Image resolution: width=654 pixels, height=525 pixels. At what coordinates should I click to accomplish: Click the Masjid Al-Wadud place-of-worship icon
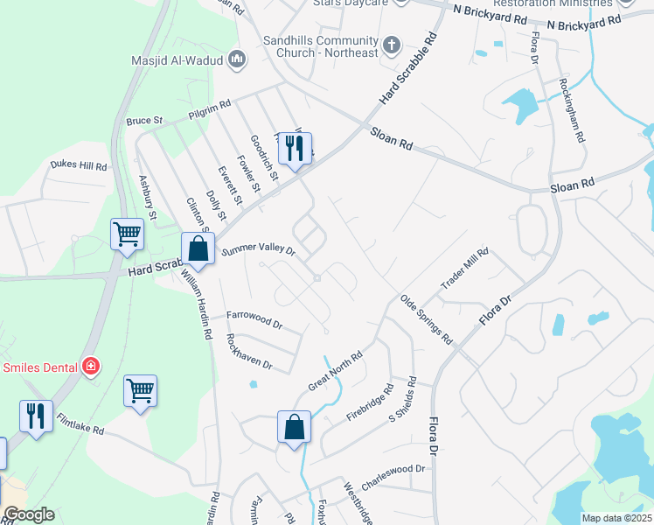point(236,59)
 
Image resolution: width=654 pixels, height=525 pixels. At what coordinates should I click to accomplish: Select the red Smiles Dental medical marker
point(90,367)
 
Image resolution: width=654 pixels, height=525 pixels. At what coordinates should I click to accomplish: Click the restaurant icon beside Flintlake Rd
point(36,416)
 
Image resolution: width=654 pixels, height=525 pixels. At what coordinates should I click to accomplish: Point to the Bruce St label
point(145,120)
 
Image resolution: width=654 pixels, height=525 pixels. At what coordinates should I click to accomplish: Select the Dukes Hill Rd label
point(78,165)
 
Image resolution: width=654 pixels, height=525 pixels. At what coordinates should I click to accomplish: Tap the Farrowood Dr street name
point(254,318)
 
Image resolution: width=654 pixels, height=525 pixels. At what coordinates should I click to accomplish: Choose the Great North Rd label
point(335,373)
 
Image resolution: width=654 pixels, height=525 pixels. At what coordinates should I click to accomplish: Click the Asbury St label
point(148,196)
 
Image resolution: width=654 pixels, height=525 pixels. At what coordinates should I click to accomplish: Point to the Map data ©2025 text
point(616,518)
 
